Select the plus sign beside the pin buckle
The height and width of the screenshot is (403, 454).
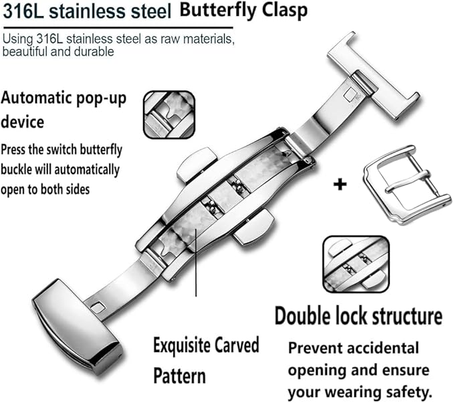tap(340, 183)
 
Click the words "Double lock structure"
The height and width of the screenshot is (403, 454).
tap(358, 315)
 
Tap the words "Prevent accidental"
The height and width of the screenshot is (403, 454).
tap(354, 348)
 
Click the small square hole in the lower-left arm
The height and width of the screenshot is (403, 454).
tap(98, 307)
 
